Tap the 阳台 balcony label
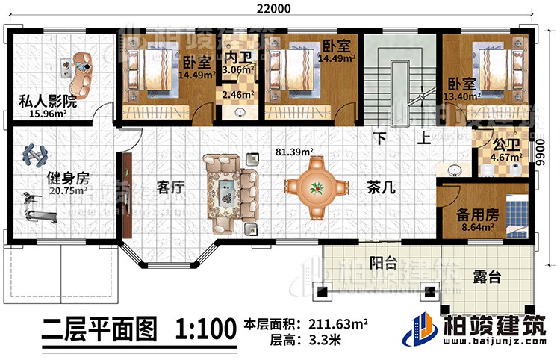point(384,262)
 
